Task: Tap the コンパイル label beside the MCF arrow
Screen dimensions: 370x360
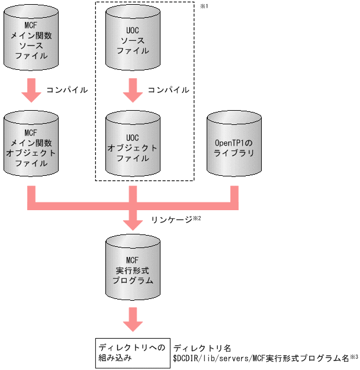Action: point(67,91)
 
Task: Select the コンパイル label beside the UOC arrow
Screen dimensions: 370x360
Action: point(169,91)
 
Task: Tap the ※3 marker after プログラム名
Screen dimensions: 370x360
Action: point(354,356)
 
